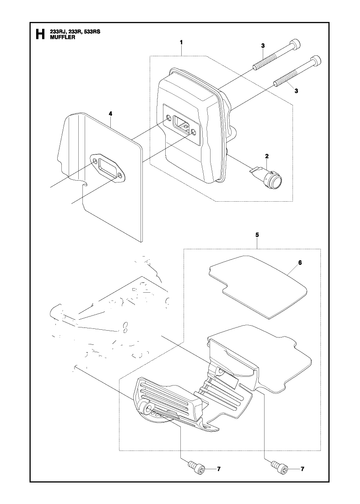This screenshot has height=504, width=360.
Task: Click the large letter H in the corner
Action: [40, 34]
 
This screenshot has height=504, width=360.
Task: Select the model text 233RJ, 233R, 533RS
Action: [75, 32]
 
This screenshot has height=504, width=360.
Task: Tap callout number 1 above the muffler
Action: [181, 42]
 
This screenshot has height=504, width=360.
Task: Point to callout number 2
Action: [267, 156]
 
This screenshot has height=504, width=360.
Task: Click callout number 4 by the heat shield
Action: [111, 114]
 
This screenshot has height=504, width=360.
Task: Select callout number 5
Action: [257, 235]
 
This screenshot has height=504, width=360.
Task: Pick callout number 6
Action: [300, 263]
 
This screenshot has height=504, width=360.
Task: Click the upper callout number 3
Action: [262, 45]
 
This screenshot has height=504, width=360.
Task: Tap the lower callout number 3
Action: [296, 90]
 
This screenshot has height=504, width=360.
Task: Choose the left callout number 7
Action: [219, 469]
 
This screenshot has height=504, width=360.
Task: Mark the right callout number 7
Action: [302, 469]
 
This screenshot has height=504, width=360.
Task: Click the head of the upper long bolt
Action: [294, 44]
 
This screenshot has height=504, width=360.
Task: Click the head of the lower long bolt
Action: [315, 61]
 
